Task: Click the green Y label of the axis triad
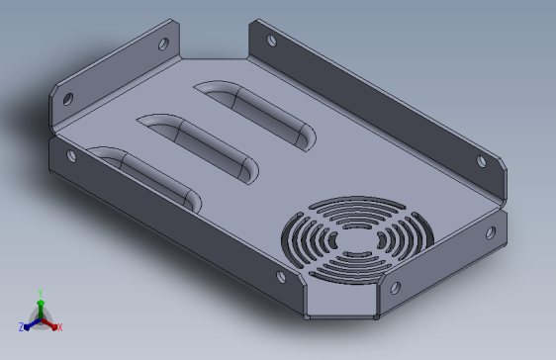point(41,293)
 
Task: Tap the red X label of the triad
point(60,327)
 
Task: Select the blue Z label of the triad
point(22,327)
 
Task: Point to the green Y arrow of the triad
point(41,310)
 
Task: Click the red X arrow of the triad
point(49,324)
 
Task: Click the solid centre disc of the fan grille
point(356,240)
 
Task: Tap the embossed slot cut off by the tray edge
point(145,178)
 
